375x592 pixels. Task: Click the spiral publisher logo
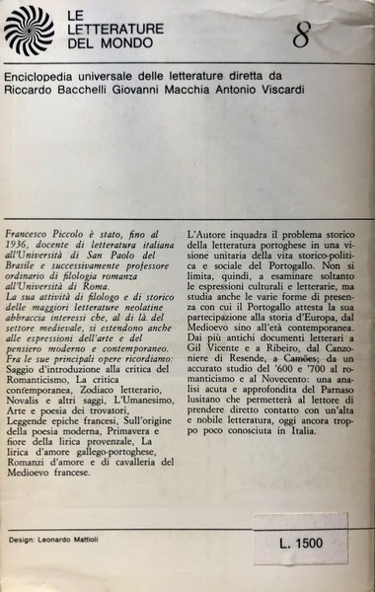tap(30, 30)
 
